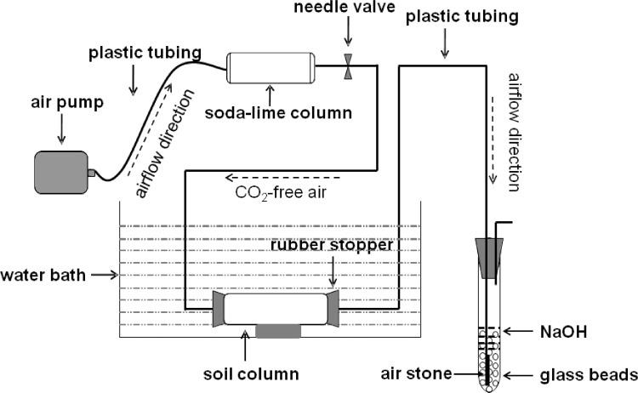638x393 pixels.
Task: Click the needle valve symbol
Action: pos(346,67)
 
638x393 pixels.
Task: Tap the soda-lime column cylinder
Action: pos(271,67)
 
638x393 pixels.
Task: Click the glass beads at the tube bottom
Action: pos(491,373)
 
